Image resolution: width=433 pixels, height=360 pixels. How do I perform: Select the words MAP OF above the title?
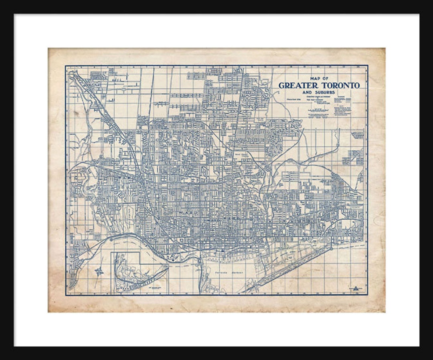(319, 79)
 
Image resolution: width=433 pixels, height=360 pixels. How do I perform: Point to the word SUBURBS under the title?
(324, 92)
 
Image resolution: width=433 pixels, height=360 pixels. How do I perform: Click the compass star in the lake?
(99, 271)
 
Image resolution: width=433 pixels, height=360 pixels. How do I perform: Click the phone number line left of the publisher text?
(293, 99)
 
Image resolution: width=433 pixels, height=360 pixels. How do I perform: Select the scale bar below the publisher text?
(319, 109)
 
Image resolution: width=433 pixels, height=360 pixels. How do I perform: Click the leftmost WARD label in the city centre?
(186, 213)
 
